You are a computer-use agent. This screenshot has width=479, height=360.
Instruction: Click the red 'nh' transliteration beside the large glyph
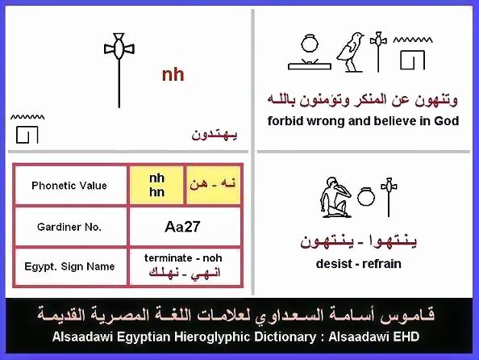click(x=173, y=75)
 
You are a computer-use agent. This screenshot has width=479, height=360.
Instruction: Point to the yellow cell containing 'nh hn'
click(x=156, y=186)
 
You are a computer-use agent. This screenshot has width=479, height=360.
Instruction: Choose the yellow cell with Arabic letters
click(x=213, y=186)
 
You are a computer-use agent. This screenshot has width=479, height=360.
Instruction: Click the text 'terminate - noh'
click(x=183, y=257)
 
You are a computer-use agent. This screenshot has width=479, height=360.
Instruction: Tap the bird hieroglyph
click(x=350, y=52)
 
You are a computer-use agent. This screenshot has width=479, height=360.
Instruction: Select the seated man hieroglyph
click(x=335, y=197)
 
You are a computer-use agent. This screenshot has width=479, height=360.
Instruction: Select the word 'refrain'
click(x=382, y=264)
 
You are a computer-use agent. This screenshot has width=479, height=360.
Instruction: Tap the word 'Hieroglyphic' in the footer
click(x=213, y=337)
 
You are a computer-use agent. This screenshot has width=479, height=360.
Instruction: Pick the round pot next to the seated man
click(x=365, y=196)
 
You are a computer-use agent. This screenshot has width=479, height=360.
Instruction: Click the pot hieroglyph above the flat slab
click(x=310, y=43)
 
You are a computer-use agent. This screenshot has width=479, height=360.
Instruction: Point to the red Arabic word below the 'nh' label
click(x=215, y=135)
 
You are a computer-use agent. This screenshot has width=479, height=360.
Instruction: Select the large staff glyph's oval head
click(x=119, y=49)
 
